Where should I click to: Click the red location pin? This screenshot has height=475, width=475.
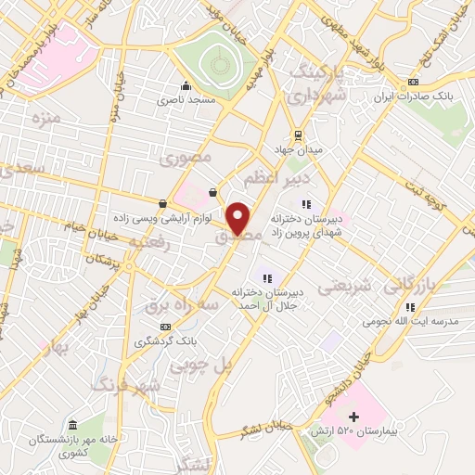pyautogui.click(x=239, y=218)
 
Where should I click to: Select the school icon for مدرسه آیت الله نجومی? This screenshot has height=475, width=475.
pyautogui.click(x=409, y=305)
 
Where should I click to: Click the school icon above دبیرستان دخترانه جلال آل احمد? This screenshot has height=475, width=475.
pyautogui.click(x=267, y=277)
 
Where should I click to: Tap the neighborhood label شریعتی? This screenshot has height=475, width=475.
pyautogui.click(x=345, y=287)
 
